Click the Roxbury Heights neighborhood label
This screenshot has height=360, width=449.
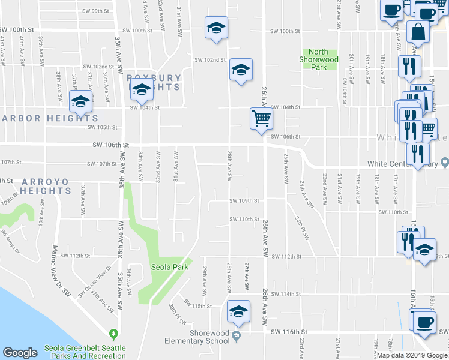154,82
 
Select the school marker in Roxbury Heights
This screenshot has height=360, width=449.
142,90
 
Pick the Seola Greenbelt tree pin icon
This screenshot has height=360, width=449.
112,333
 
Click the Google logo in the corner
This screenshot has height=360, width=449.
20,353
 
